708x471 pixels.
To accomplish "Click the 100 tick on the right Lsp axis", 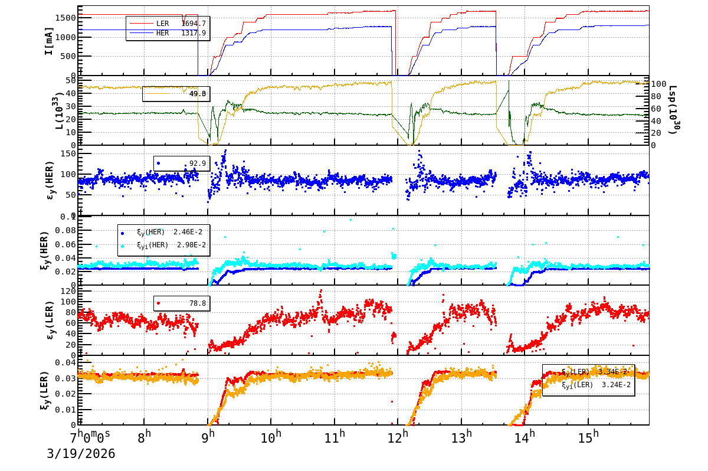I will pos(660,84).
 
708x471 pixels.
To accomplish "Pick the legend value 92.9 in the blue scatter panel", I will pos(197,163).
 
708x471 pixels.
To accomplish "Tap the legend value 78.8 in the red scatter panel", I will pos(197,303).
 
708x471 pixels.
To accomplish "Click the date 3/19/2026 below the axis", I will pos(81,454).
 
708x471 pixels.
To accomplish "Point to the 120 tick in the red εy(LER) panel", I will pos(67,292).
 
